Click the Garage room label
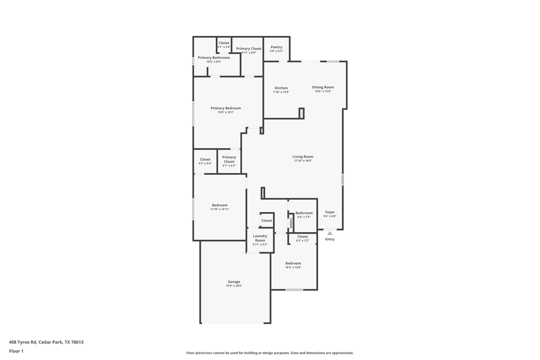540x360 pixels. (234, 282)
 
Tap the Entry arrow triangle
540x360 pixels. (330, 233)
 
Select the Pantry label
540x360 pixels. (276, 47)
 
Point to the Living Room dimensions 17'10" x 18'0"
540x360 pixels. (303, 161)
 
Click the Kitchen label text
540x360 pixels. (281, 88)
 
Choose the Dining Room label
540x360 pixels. (323, 87)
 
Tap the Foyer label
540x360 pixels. (330, 212)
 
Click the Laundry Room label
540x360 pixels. (260, 238)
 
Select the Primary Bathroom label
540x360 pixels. (214, 58)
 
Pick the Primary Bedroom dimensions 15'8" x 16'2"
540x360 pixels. (226, 112)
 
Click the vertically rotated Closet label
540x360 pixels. (291, 223)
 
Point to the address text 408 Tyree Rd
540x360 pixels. (46, 342)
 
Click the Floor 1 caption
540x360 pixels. (16, 351)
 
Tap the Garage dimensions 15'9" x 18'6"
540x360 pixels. (234, 286)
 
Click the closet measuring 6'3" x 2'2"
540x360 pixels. (302, 238)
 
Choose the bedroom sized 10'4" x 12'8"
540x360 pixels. (293, 265)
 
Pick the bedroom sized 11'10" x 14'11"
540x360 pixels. (220, 207)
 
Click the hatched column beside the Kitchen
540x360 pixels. (301, 113)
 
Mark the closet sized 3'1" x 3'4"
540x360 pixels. (224, 45)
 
